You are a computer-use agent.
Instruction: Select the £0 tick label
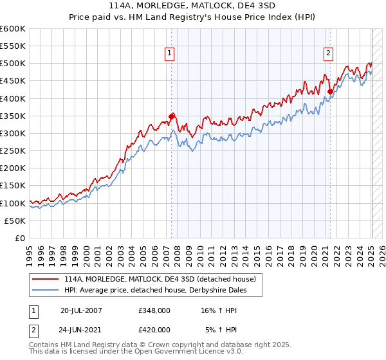pos(20,239)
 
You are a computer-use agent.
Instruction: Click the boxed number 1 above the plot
pos(170,54)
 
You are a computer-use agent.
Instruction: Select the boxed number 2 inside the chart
pos(328,54)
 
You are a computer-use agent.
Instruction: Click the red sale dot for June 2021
pos(330,91)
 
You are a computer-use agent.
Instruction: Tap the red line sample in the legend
pos(46,279)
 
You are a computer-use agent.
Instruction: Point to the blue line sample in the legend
pos(46,290)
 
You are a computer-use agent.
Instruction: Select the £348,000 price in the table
pos(154,310)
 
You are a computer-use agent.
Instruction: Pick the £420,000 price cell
pos(154,330)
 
